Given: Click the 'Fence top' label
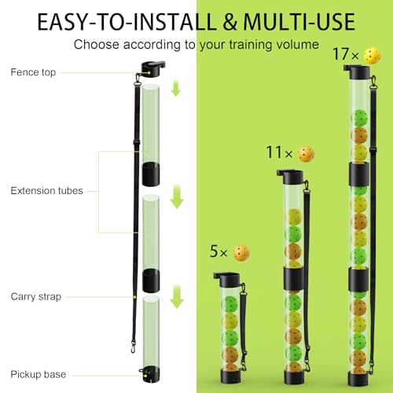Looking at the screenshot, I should [x=33, y=73].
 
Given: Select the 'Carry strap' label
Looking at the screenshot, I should [x=36, y=296].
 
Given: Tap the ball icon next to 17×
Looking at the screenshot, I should [x=372, y=55].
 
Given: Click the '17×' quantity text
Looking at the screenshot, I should [x=344, y=56].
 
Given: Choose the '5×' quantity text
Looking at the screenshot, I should [x=219, y=253].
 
